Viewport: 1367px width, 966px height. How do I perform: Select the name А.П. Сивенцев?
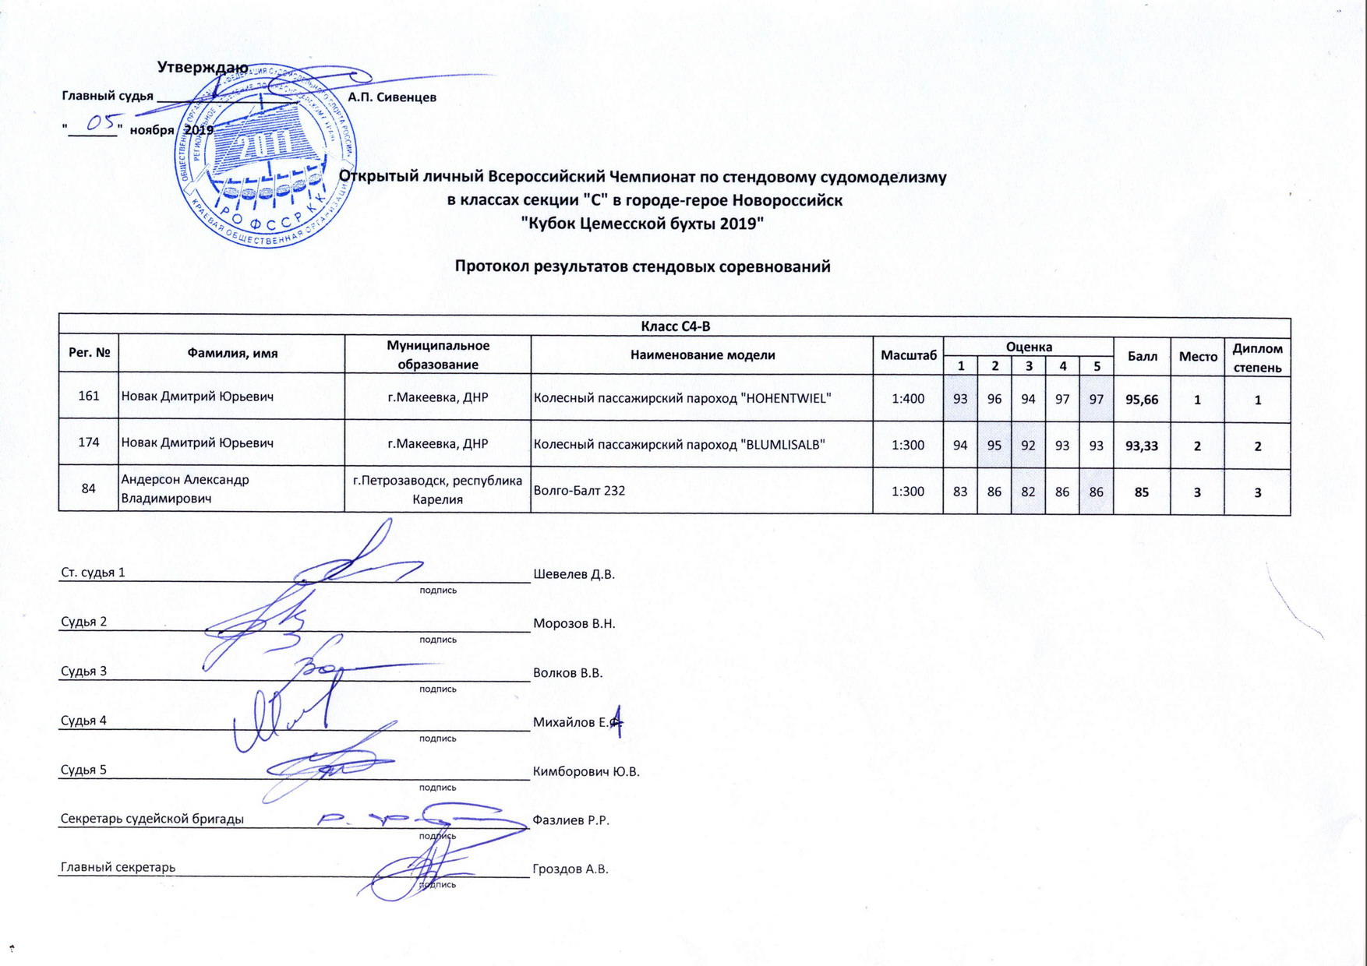(392, 97)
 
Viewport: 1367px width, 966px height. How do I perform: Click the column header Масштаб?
(908, 355)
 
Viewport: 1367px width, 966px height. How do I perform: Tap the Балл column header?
(1142, 355)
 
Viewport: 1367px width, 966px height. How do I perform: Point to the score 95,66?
(1142, 399)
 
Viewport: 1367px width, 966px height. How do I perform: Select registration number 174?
(89, 442)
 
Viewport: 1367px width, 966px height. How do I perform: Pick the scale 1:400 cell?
(908, 399)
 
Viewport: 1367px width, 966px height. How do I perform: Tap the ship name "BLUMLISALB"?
(781, 445)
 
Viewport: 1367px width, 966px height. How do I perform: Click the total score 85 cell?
(1142, 492)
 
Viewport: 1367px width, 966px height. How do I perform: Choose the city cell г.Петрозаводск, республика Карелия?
(437, 490)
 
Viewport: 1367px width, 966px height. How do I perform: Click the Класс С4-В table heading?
(675, 326)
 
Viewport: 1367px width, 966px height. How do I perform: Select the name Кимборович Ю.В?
(586, 772)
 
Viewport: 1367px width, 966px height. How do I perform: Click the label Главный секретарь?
(118, 867)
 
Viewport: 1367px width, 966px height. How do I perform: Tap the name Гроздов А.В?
(570, 869)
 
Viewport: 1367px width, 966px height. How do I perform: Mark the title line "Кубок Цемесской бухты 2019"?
(642, 224)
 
